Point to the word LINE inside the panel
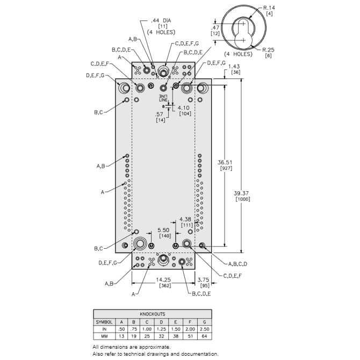(163, 100)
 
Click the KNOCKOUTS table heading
(153, 314)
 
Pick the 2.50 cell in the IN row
(204, 329)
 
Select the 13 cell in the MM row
(121, 336)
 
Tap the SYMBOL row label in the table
(104, 322)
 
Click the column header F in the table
(190, 322)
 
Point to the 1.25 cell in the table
(161, 329)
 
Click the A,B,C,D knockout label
(237, 264)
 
